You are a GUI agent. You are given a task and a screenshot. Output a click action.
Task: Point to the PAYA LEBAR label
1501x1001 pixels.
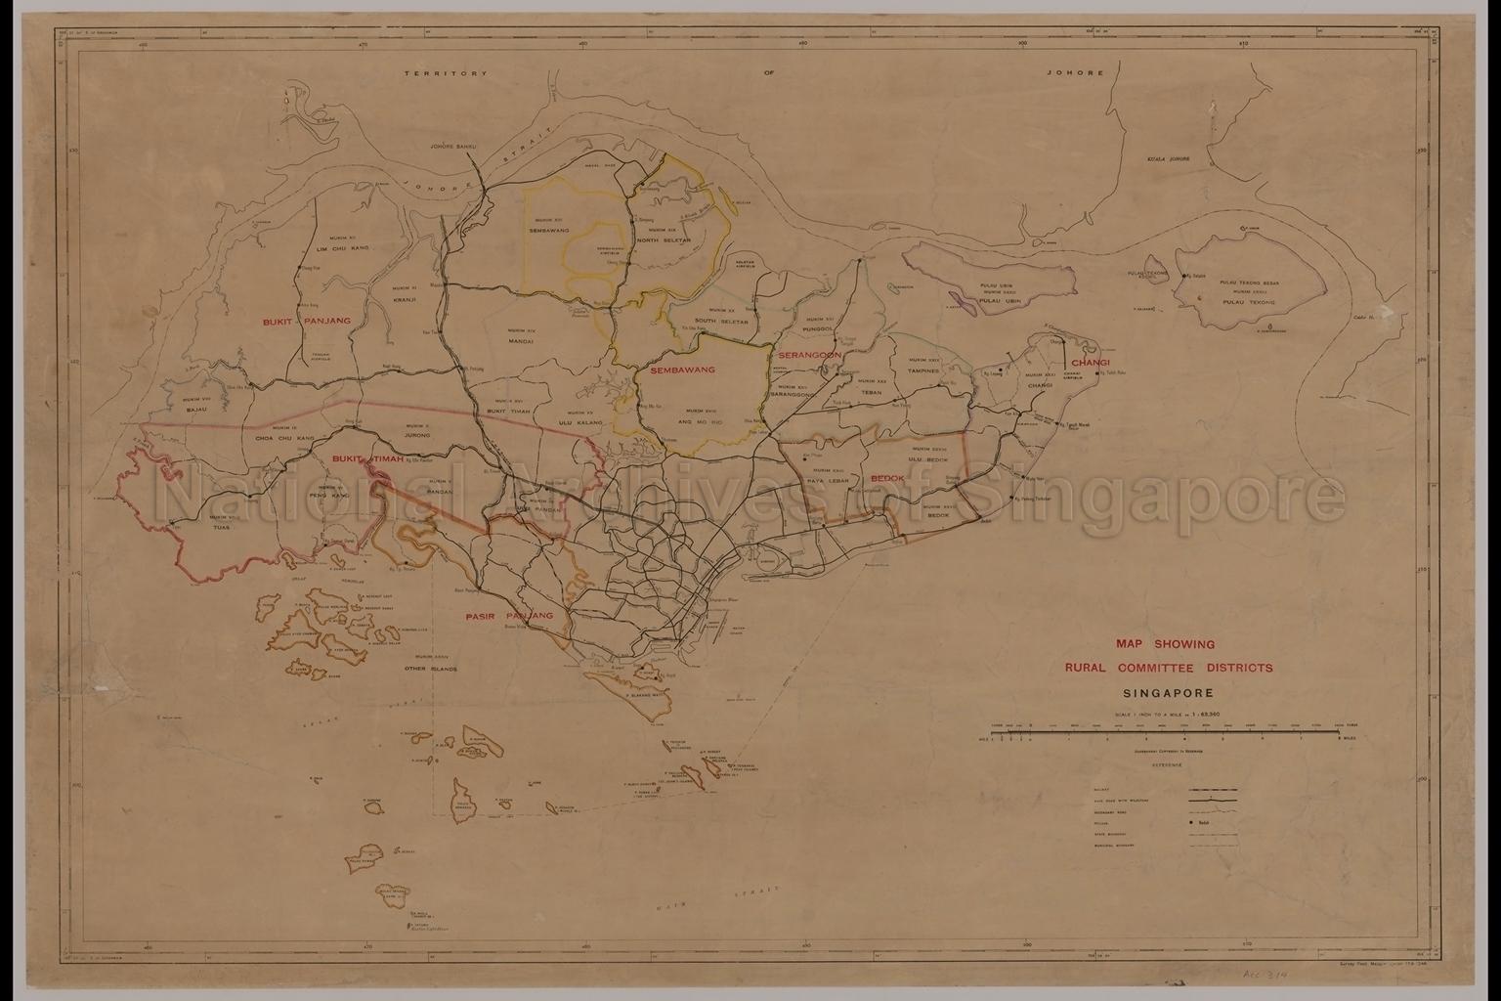[x=829, y=480]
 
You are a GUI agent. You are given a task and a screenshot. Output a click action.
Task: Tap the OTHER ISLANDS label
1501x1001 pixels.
[x=431, y=669]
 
